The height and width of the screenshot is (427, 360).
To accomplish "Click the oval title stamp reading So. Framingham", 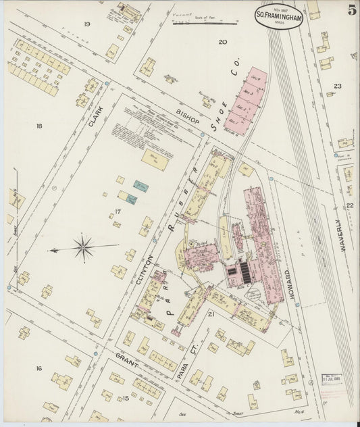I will coord(279,16).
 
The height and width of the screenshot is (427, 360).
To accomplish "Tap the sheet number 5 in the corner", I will coord(351,9).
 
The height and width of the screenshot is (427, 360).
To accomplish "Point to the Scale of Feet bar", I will coord(205,22).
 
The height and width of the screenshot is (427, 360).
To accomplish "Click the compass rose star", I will coord(83,247).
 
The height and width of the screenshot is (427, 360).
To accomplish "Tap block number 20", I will coord(222,42).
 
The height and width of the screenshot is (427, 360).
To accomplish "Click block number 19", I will coord(87,24).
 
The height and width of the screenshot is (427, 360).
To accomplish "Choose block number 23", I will coord(337,86).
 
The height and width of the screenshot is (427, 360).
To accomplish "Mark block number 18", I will coord(39,126).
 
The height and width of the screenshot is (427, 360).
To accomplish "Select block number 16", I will coord(38,368).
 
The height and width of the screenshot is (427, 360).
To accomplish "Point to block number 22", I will coord(349,205).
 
